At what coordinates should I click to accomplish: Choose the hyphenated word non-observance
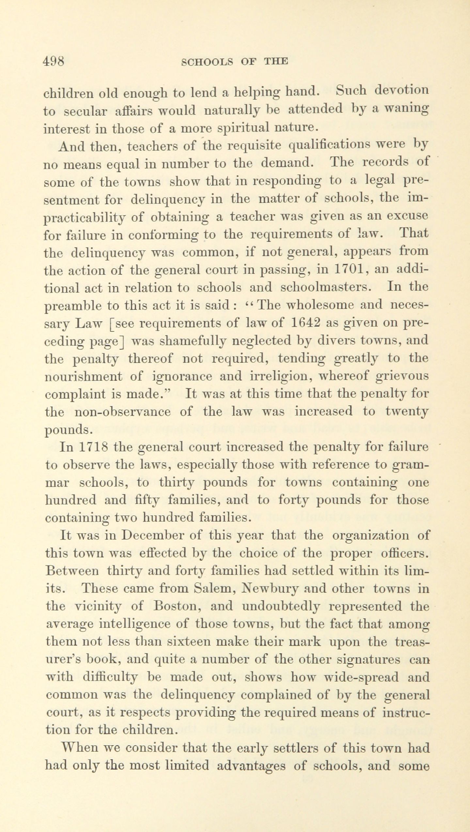click(x=122, y=412)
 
